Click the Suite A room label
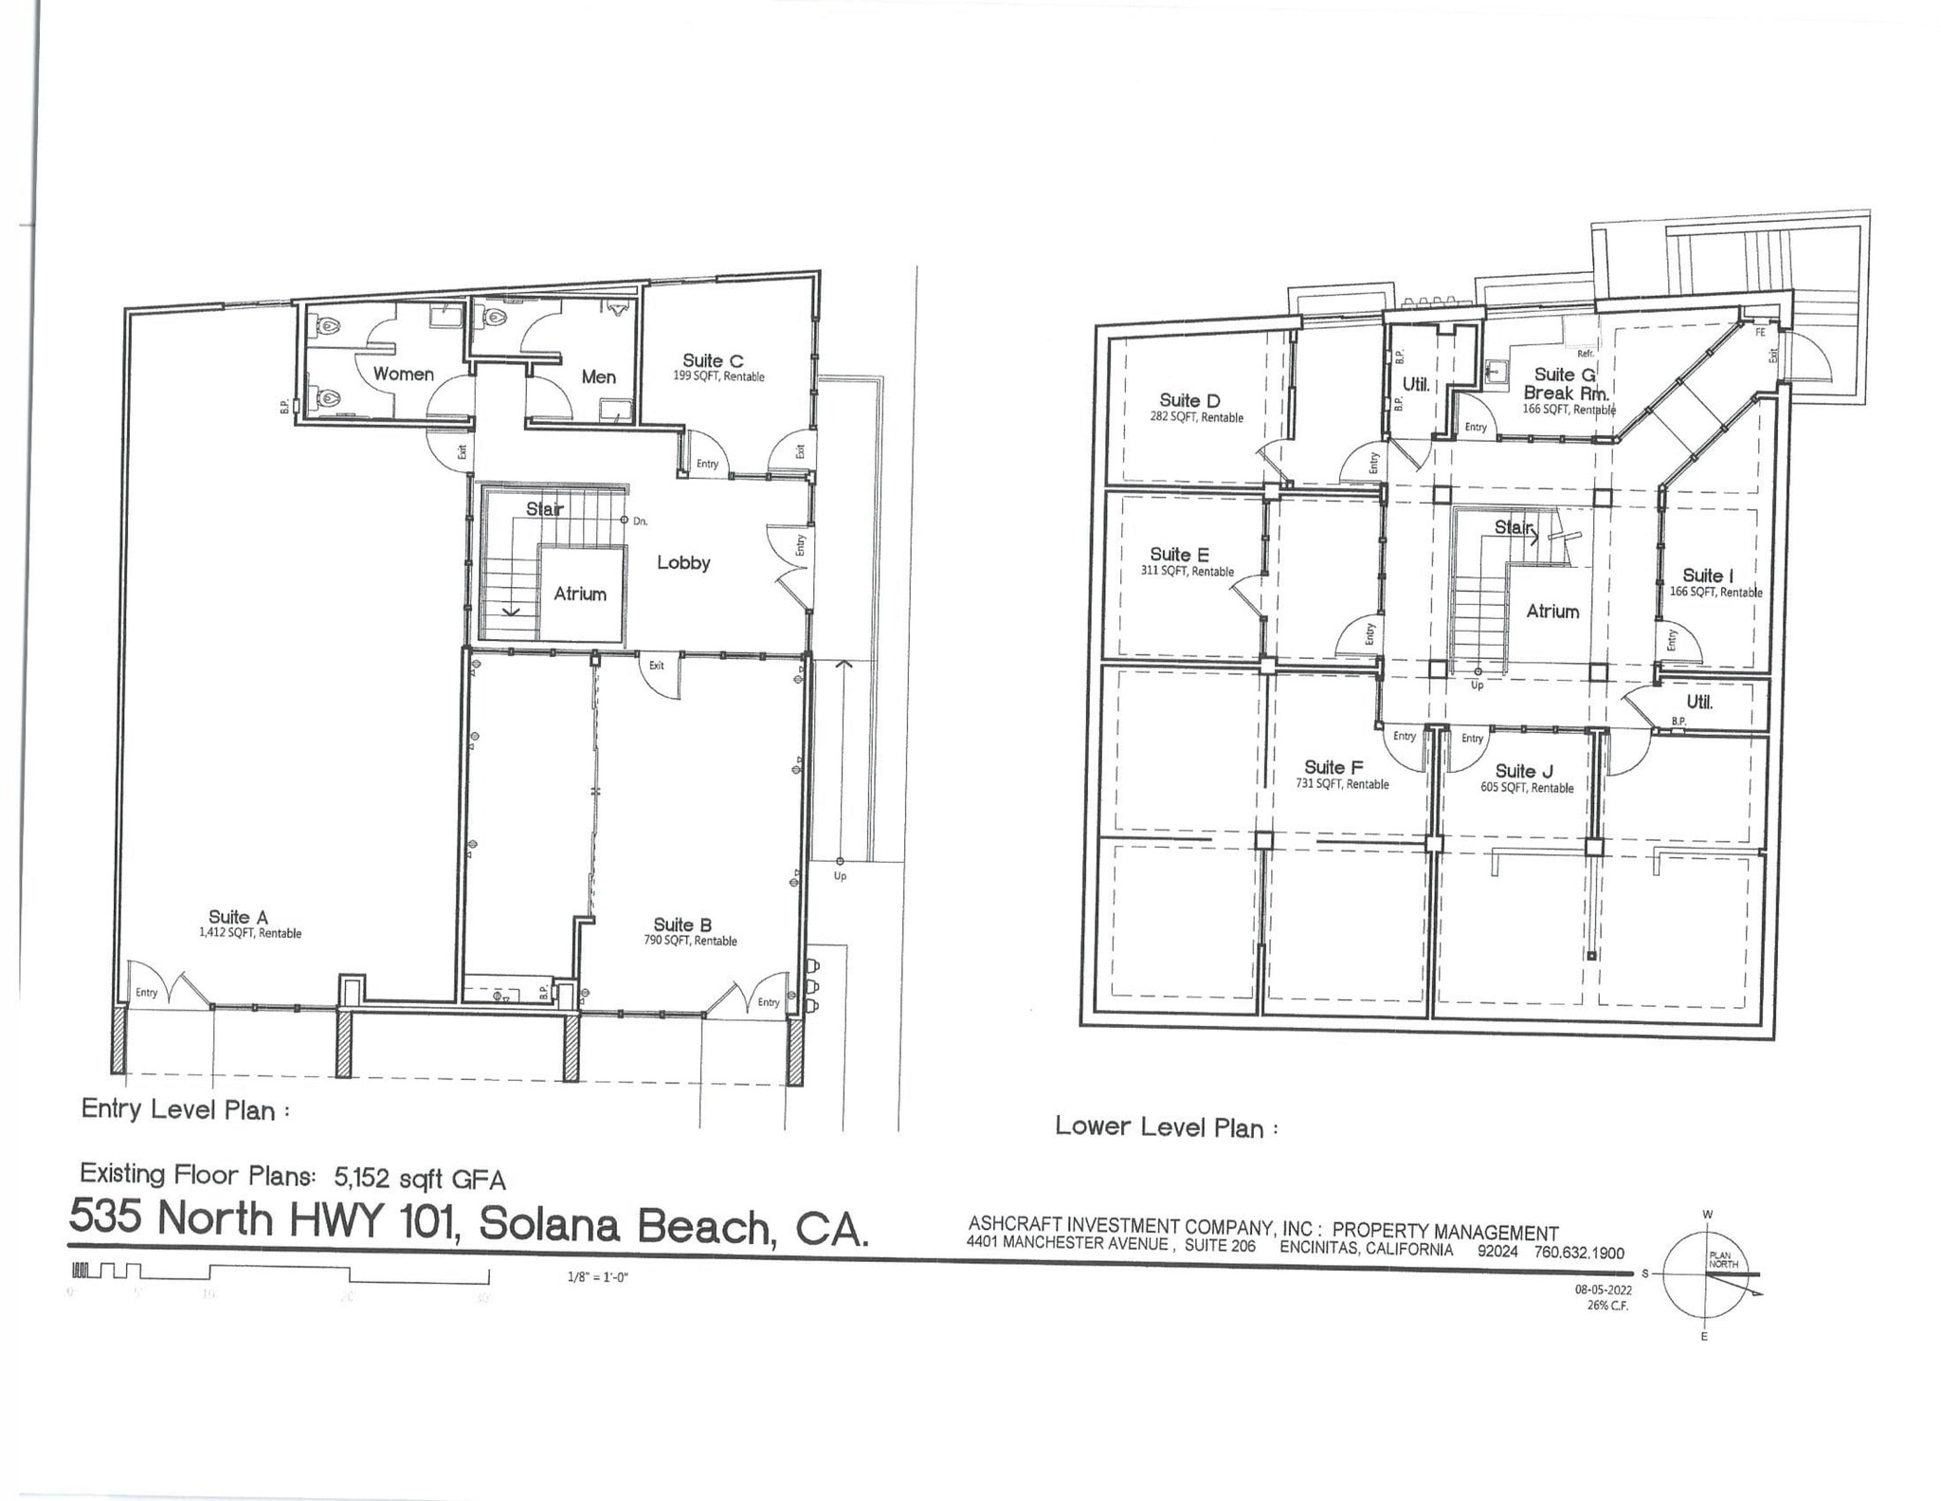click(239, 917)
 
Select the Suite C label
click(714, 361)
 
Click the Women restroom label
click(403, 374)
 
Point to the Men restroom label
click(598, 376)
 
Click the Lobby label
click(683, 562)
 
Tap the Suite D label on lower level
click(1189, 401)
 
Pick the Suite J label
click(1524, 772)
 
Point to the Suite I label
click(1708, 576)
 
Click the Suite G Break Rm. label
click(1566, 384)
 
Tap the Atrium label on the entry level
click(580, 594)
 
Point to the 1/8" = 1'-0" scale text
click(598, 1277)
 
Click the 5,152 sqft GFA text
click(420, 1179)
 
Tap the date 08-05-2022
click(1603, 1290)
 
